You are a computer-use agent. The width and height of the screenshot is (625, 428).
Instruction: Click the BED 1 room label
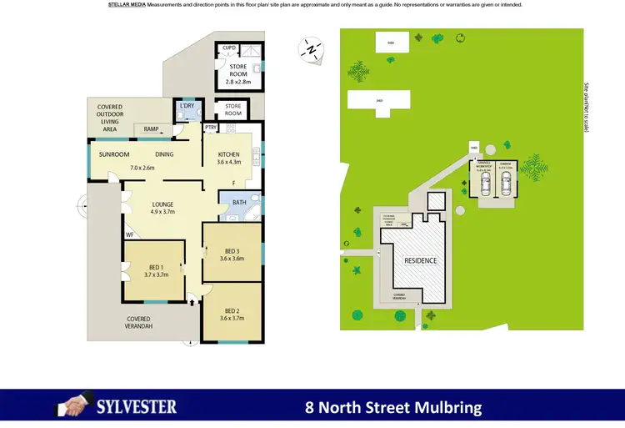pyautogui.click(x=155, y=265)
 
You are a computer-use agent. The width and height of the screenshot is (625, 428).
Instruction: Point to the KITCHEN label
pyautogui.click(x=229, y=154)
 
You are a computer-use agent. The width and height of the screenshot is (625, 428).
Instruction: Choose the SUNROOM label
pyautogui.click(x=113, y=155)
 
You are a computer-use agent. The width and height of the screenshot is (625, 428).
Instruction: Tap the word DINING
pyautogui.click(x=163, y=155)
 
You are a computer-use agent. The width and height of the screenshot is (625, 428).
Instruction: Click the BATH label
pyautogui.click(x=240, y=202)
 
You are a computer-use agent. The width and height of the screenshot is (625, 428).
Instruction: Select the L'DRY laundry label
pyautogui.click(x=187, y=106)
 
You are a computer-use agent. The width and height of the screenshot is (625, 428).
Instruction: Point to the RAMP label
pyautogui.click(x=151, y=129)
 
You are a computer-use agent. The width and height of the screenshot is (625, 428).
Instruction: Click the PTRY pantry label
pyautogui.click(x=211, y=128)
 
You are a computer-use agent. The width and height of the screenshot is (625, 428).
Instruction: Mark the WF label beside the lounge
pyautogui.click(x=130, y=235)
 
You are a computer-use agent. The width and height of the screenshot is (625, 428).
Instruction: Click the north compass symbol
pyautogui.click(x=310, y=50)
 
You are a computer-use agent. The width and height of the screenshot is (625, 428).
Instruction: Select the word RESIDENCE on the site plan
pyautogui.click(x=421, y=260)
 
